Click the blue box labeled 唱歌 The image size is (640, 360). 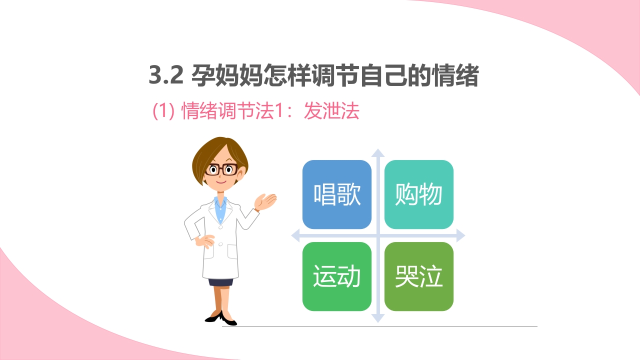(x=337, y=194)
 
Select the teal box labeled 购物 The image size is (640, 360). (x=419, y=194)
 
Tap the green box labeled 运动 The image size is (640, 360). (x=337, y=276)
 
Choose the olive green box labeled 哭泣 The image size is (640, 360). (x=419, y=276)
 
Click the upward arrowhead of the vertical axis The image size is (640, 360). (x=378, y=152)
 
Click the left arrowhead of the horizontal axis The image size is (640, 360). (x=295, y=235)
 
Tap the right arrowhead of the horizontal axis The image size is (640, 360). (x=460, y=235)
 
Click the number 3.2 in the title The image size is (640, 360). (x=166, y=77)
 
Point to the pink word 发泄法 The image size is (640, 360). (x=332, y=111)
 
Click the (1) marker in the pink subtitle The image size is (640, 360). (x=163, y=112)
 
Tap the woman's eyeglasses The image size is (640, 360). (x=221, y=169)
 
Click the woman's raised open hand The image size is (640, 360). (x=265, y=201)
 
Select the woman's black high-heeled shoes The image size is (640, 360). (x=220, y=317)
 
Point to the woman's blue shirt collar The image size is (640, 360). (x=220, y=203)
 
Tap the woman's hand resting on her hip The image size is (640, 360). (x=204, y=241)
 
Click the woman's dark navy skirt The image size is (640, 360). (x=220, y=281)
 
